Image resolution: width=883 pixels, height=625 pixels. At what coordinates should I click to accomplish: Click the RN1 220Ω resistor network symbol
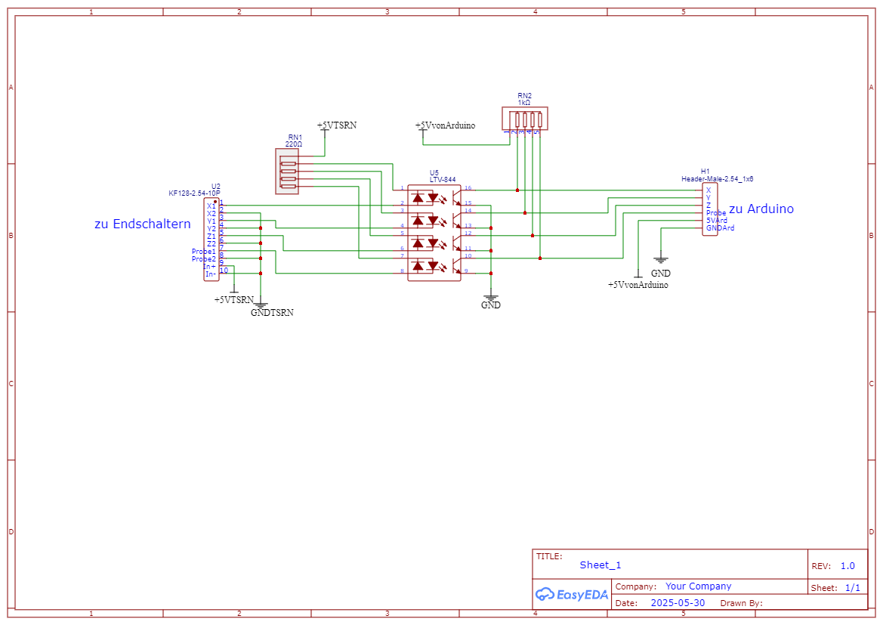288,171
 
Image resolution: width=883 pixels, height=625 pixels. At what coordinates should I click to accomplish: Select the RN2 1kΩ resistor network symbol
525,119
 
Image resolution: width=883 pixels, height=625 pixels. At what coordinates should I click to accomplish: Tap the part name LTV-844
443,179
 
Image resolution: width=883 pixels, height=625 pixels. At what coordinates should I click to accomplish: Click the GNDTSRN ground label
272,312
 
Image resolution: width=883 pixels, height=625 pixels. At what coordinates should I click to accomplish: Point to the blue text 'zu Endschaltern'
143,224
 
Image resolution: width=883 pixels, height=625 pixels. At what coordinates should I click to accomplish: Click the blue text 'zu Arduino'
761,209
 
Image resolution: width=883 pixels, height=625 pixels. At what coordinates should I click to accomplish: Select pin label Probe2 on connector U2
203,259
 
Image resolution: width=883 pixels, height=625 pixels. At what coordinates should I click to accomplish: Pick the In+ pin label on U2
209,267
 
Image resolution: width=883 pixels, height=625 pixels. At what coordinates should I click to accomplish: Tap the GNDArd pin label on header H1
720,228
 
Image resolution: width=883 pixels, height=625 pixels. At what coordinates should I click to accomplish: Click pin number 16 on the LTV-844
468,187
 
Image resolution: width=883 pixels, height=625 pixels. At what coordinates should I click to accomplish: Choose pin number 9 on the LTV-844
466,271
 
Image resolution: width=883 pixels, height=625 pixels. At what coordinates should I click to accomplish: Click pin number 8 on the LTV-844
402,271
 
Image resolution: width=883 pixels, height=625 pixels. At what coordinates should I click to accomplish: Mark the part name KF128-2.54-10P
194,193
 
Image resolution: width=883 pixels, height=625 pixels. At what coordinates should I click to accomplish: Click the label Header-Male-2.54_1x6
717,179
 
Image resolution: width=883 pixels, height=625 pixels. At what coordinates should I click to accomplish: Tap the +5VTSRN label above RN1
336,125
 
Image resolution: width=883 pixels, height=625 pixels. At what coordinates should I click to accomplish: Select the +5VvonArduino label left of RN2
445,125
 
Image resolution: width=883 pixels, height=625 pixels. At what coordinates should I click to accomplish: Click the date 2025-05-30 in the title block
677,603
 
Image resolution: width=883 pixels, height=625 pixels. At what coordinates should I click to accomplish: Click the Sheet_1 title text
601,565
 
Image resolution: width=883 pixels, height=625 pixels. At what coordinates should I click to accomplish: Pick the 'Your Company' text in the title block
698,586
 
